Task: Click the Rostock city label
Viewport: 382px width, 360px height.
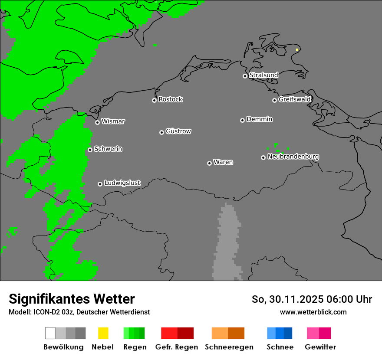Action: (171, 99)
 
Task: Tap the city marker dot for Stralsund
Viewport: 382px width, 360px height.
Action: (245, 76)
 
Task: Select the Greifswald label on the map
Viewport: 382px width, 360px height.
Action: (294, 99)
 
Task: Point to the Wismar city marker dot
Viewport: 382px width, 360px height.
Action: (97, 122)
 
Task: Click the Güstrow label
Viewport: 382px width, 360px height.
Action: (178, 131)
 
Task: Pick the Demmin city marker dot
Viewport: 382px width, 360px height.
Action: (242, 120)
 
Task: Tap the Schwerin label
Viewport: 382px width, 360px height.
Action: (108, 149)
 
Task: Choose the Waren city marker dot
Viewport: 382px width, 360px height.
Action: (209, 163)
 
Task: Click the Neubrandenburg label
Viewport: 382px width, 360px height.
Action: (293, 157)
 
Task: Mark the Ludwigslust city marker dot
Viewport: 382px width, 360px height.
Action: (100, 184)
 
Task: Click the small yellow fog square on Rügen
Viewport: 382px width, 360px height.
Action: (297, 50)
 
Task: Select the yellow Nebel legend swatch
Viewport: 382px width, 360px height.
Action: (103, 333)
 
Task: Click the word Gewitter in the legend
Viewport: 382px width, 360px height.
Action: (320, 347)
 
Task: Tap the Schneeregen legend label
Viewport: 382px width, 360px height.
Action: (229, 347)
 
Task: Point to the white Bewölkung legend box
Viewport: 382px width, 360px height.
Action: (50, 333)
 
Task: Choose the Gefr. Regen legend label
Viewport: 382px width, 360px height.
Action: (177, 347)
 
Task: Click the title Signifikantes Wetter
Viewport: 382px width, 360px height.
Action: (72, 299)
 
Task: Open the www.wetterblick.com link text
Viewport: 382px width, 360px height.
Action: (313, 312)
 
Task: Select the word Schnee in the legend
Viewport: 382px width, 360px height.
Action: (280, 347)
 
